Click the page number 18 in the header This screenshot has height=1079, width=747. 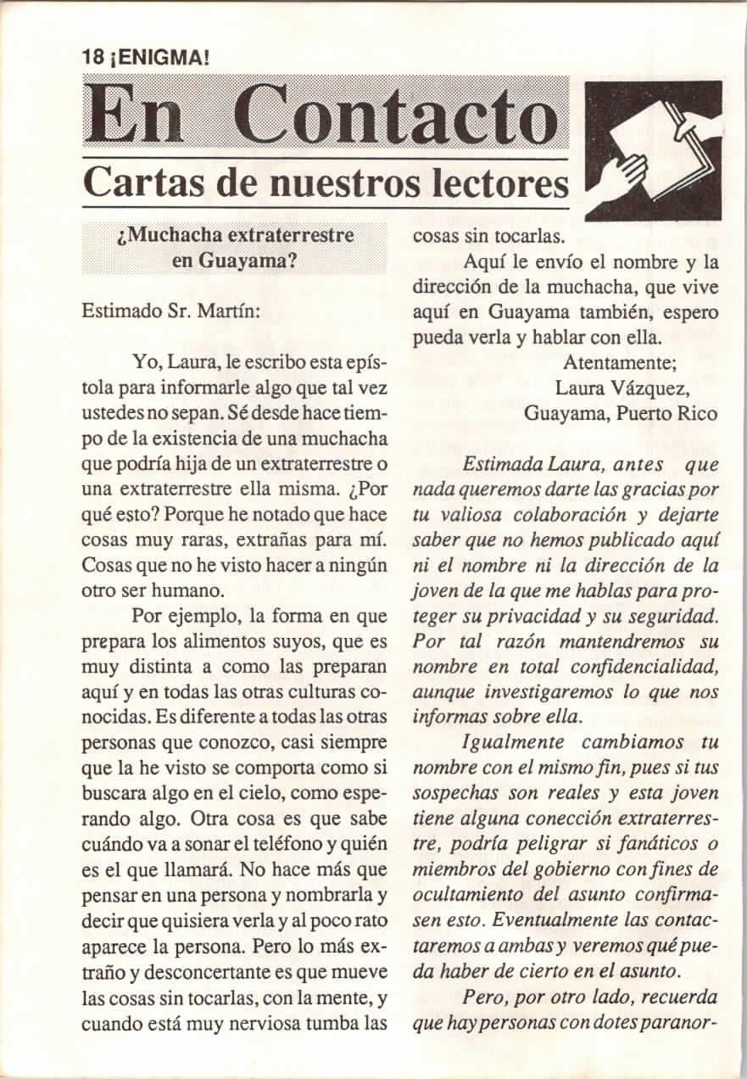(92, 58)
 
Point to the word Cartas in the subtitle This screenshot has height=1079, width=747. (140, 182)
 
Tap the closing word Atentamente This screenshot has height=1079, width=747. (619, 362)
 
